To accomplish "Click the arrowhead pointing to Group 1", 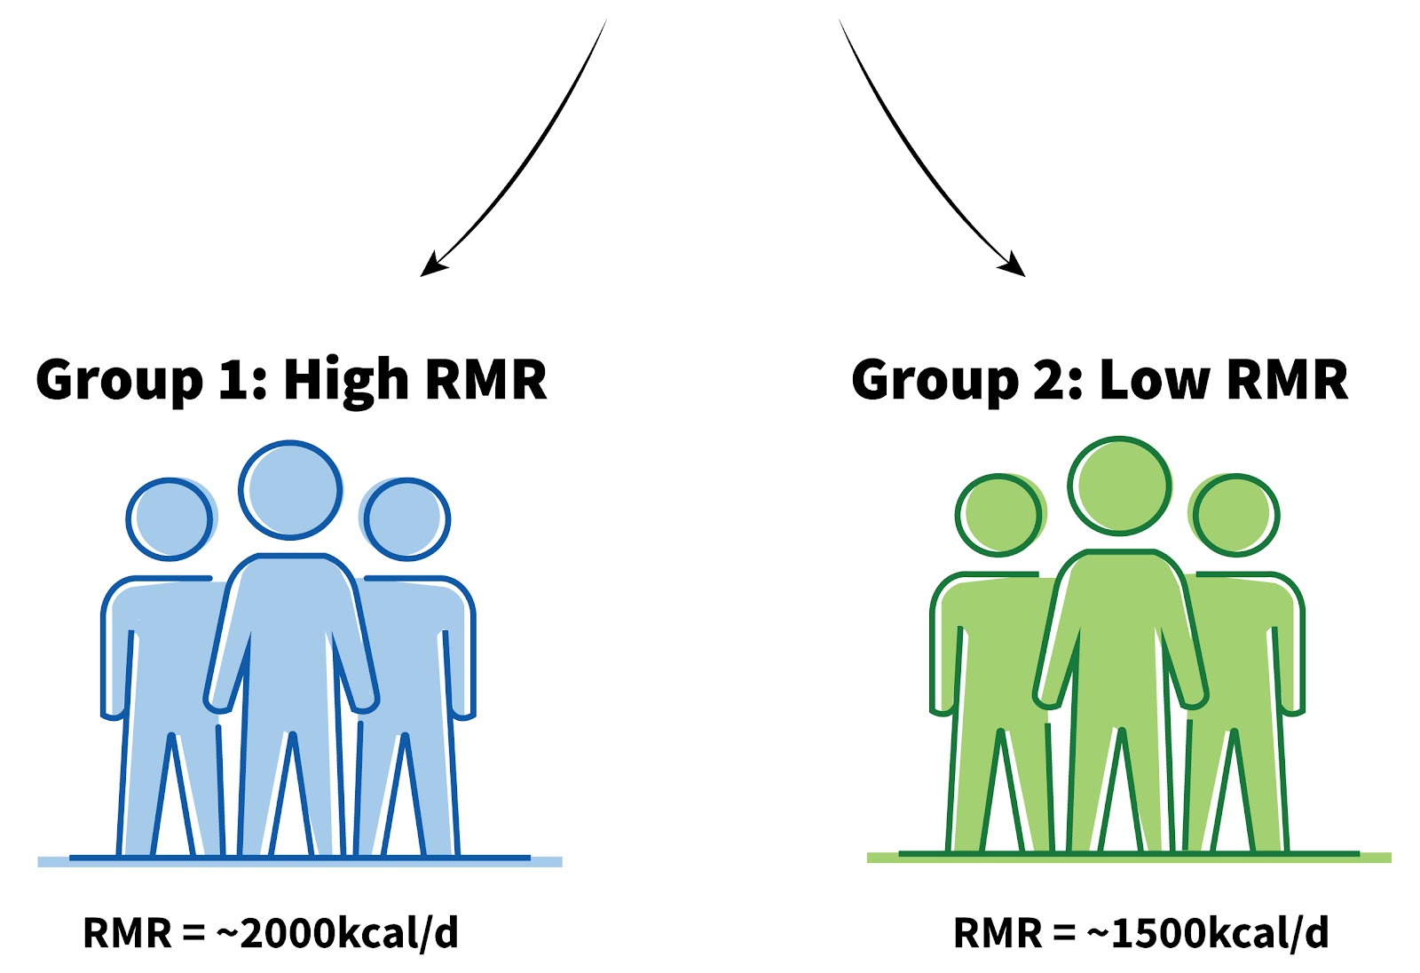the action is (430, 265).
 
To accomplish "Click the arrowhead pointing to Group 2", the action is (1014, 265).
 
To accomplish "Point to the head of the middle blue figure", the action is (290, 490).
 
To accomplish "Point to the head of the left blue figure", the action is (170, 519).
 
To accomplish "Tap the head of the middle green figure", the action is (1120, 486).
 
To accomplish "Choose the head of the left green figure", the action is (998, 516).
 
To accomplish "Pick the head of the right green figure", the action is (1235, 516).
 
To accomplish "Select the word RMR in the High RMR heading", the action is (485, 380).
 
